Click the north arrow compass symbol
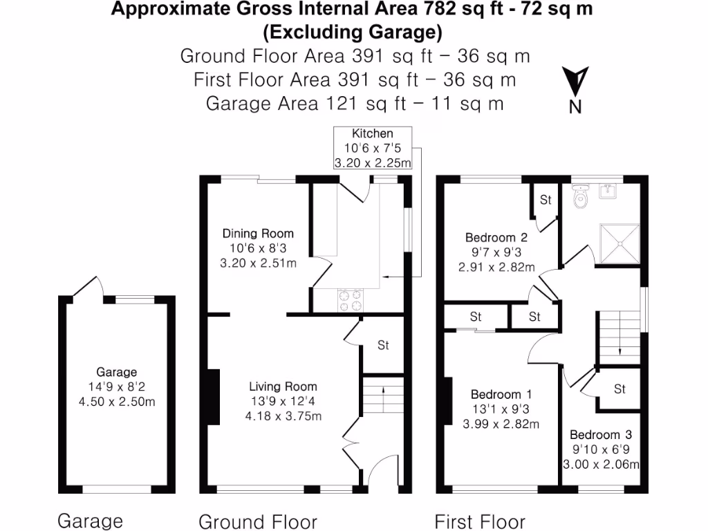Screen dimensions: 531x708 click(575, 83)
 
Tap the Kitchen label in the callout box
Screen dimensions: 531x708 click(373, 133)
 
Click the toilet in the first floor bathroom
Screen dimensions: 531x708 click(581, 198)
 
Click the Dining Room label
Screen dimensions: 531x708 click(258, 233)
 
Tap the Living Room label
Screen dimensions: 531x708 click(283, 386)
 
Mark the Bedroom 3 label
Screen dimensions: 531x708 click(600, 435)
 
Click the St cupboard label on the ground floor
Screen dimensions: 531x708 click(383, 345)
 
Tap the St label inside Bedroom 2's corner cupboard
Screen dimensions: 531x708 click(546, 201)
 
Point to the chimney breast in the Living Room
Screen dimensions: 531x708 click(214, 397)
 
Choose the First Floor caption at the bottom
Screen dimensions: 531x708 click(480, 521)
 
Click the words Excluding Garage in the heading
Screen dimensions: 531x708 click(353, 32)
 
